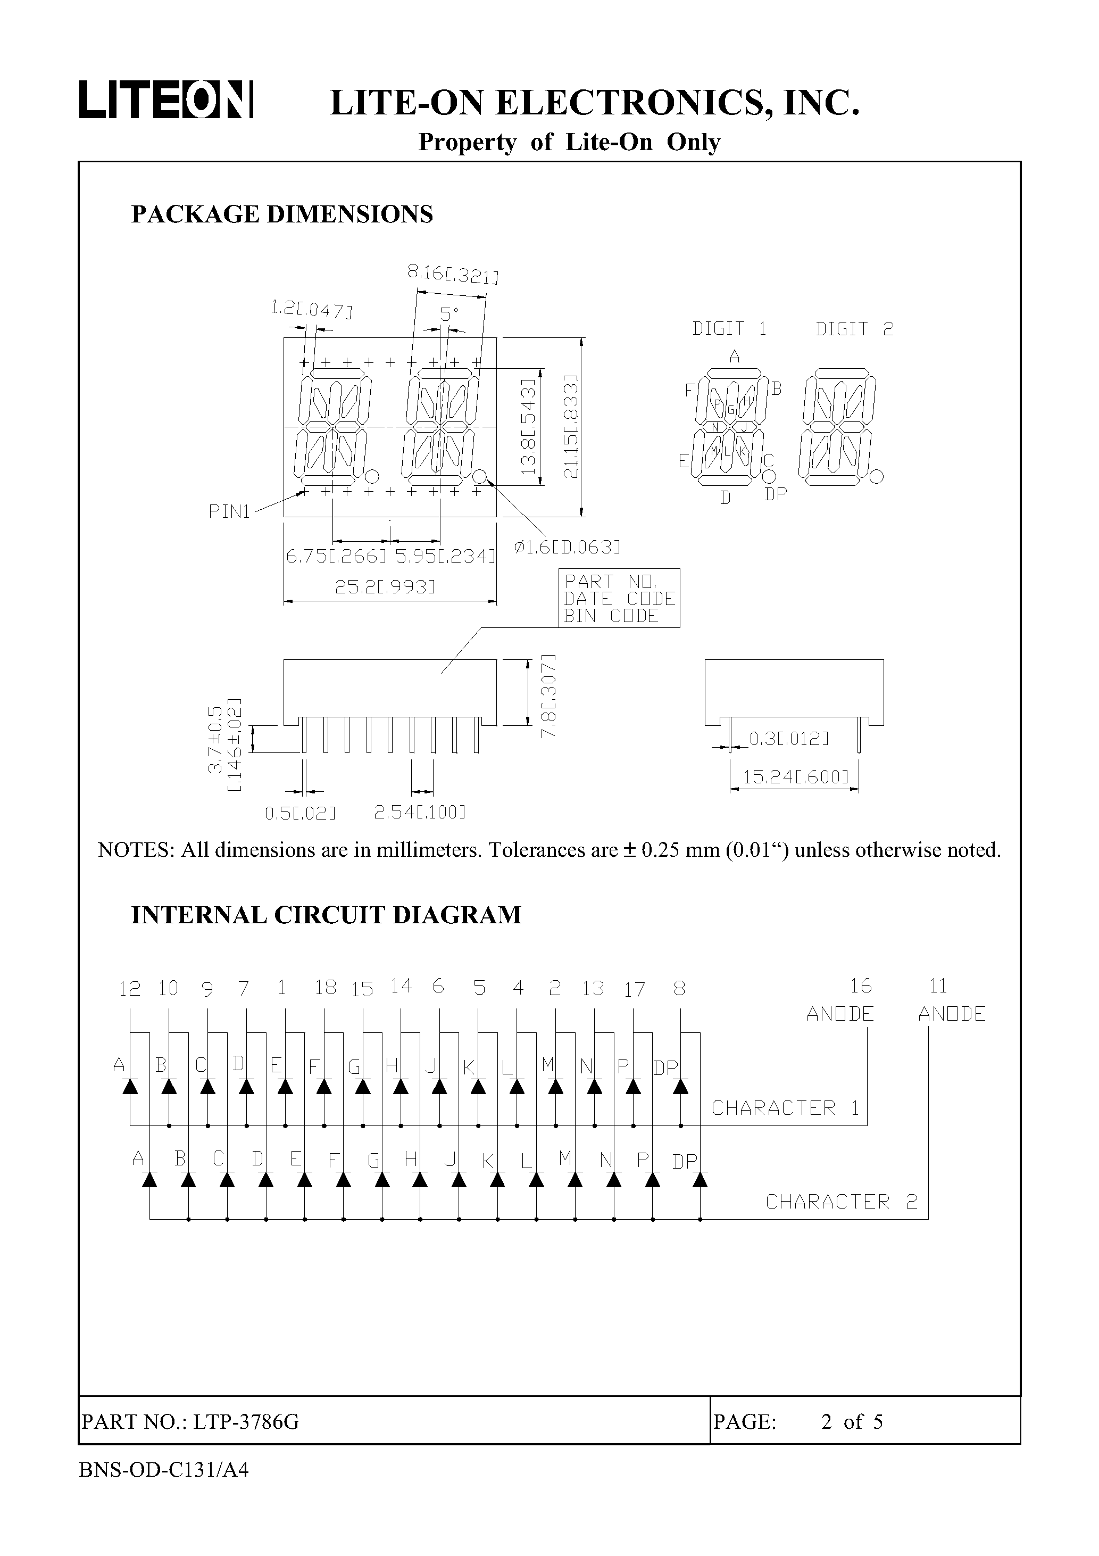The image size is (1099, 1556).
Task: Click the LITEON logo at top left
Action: (x=166, y=100)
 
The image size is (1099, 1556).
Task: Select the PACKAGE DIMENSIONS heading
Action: (x=282, y=214)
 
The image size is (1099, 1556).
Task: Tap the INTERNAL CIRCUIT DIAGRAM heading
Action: (x=326, y=915)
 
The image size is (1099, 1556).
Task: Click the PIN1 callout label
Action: (x=229, y=512)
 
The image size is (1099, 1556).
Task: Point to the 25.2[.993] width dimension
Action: (x=385, y=587)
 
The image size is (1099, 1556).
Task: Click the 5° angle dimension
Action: (x=449, y=314)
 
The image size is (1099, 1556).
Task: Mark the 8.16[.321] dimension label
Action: (x=453, y=275)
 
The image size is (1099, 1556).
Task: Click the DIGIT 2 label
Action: (x=854, y=329)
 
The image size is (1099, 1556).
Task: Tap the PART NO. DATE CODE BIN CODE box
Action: (x=619, y=599)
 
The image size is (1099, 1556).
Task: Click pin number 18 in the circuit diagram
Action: (x=325, y=988)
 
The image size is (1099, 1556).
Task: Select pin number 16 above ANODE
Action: (x=861, y=986)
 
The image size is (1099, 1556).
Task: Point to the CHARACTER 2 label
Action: (x=841, y=1202)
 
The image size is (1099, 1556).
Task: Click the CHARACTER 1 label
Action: (x=785, y=1108)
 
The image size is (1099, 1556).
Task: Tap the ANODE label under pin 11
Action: (x=951, y=1014)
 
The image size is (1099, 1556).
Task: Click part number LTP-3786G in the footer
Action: (x=246, y=1422)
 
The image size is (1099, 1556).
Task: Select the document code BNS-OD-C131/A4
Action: (x=164, y=1469)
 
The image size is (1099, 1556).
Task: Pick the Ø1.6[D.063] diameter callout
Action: (x=567, y=547)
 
